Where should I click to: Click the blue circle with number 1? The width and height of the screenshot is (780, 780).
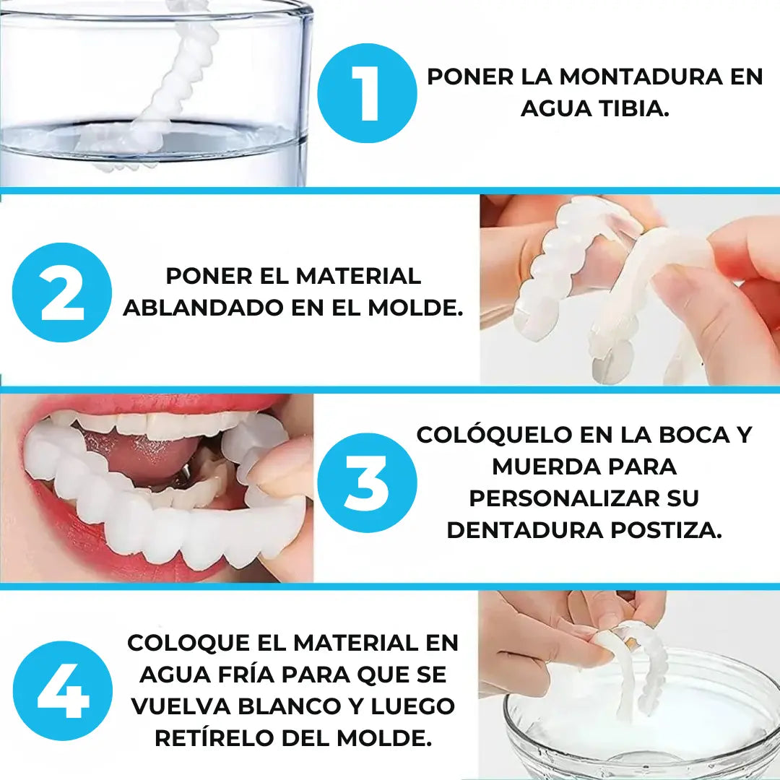point(367,93)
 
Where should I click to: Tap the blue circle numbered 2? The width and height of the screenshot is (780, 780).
point(62,292)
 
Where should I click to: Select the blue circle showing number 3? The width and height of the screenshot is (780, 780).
point(367,482)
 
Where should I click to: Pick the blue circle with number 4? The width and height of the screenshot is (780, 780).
point(63,691)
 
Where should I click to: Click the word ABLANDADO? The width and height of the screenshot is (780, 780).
point(204,308)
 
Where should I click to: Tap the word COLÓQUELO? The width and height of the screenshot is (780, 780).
point(495,434)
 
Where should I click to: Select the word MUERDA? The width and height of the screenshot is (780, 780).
point(539,467)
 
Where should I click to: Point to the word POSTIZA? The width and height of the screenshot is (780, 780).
point(666,530)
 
